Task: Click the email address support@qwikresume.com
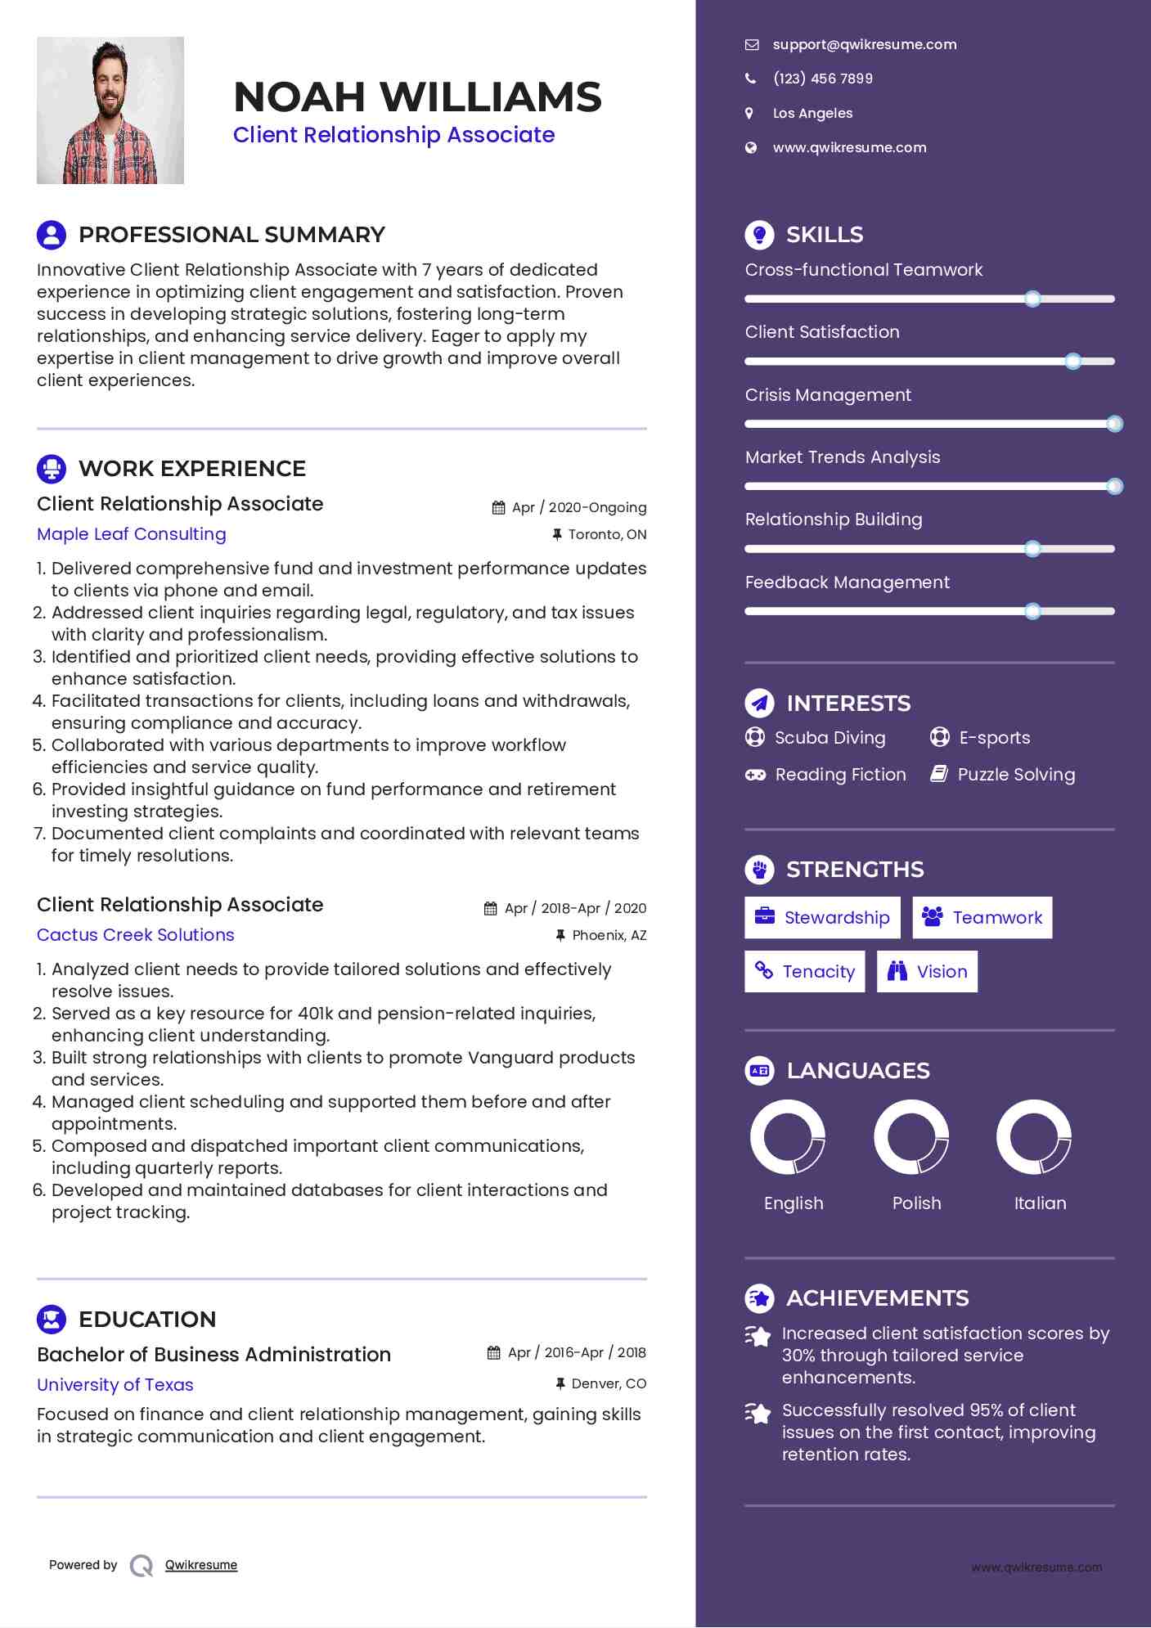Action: (x=864, y=45)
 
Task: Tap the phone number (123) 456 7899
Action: (x=822, y=79)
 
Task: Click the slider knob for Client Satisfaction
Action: (x=1072, y=361)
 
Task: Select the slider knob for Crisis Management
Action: (x=1114, y=424)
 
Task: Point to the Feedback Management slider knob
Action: (x=1032, y=611)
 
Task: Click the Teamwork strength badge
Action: (x=982, y=918)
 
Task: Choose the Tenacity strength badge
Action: (x=805, y=972)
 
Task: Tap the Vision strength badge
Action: (x=927, y=972)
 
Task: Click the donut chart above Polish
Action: (x=910, y=1137)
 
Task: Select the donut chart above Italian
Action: (x=1033, y=1137)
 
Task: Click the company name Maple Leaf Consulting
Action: (x=132, y=534)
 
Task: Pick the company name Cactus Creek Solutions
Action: (x=136, y=935)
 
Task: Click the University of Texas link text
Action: (x=115, y=1385)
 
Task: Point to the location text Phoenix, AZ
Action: (x=609, y=935)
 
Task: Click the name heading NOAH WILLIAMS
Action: (x=417, y=97)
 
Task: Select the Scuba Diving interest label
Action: (x=830, y=738)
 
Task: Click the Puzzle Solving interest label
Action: (x=1016, y=775)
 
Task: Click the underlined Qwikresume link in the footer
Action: (x=201, y=1565)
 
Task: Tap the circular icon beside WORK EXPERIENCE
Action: (x=52, y=469)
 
